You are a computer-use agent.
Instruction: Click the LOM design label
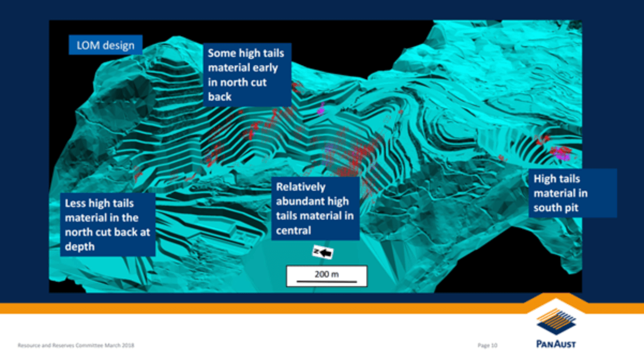(x=106, y=45)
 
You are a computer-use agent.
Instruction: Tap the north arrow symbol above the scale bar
(x=323, y=252)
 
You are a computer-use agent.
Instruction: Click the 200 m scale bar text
(x=327, y=274)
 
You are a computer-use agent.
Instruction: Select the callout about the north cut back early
(x=247, y=75)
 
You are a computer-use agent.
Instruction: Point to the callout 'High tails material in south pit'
(x=573, y=193)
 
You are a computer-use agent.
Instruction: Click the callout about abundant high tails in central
(x=316, y=208)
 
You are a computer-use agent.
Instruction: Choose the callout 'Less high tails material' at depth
(x=108, y=224)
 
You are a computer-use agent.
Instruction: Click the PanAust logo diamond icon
(x=556, y=321)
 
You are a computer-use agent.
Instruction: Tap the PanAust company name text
(x=556, y=344)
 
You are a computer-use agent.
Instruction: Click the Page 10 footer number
(x=488, y=345)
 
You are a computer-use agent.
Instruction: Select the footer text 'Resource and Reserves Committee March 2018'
(x=76, y=345)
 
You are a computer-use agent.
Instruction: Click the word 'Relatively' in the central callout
(x=301, y=187)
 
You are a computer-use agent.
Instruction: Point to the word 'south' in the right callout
(x=547, y=208)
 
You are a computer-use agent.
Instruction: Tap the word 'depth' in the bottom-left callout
(x=80, y=246)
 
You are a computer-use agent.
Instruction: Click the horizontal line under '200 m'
(x=327, y=281)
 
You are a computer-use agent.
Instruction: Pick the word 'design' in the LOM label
(x=118, y=46)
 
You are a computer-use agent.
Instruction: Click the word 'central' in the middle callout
(x=294, y=230)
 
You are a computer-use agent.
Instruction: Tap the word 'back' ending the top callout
(x=220, y=96)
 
